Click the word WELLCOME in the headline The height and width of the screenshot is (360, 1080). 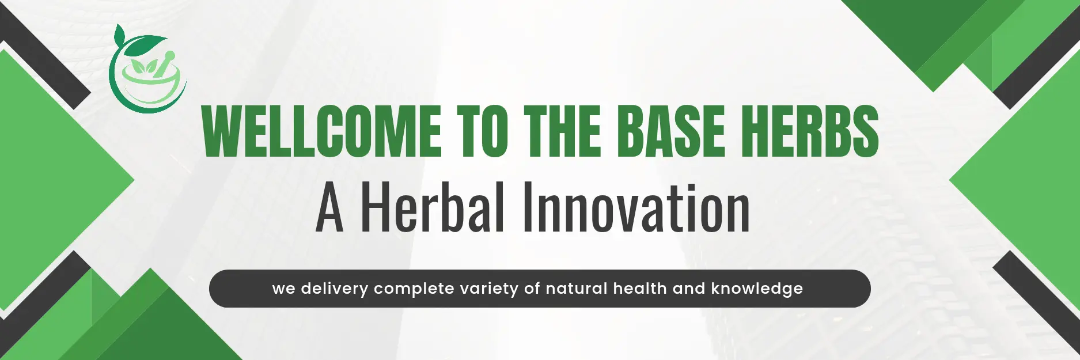tap(321, 131)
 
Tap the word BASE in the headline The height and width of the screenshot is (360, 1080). tap(674, 131)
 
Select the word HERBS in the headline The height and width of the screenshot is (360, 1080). tap(810, 131)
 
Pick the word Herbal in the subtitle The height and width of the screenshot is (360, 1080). tap(433, 206)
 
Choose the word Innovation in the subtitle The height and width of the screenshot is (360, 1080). tap(636, 206)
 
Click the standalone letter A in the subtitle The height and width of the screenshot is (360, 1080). tap(330, 209)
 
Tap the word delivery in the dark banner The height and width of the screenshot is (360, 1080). tap(334, 289)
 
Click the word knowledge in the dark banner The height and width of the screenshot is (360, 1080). tap(757, 289)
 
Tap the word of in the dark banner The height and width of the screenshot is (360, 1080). tap(532, 288)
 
